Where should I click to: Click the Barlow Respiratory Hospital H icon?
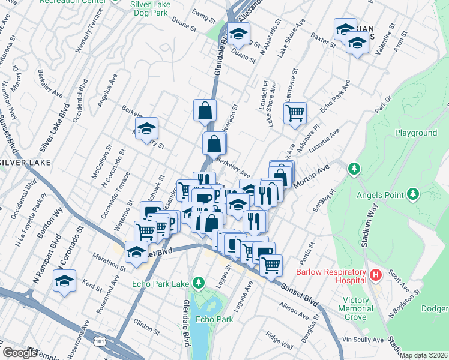[x=376, y=275]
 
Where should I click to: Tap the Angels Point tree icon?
[x=412, y=194]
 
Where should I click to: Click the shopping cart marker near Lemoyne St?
[x=295, y=112]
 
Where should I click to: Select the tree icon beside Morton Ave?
[x=354, y=167]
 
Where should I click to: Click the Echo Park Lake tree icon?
[x=198, y=283]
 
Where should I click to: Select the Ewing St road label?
[x=203, y=15]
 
